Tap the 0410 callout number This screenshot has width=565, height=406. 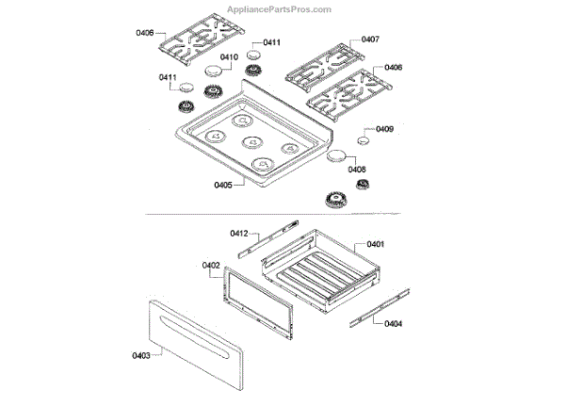tap(229, 57)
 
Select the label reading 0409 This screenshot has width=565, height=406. tap(384, 129)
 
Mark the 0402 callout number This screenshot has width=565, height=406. tap(210, 266)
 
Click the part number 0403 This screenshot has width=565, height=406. tap(142, 356)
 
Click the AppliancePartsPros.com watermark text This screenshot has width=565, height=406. tap(279, 9)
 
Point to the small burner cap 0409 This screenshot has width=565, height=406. tap(362, 140)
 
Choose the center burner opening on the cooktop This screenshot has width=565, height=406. tap(251, 142)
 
